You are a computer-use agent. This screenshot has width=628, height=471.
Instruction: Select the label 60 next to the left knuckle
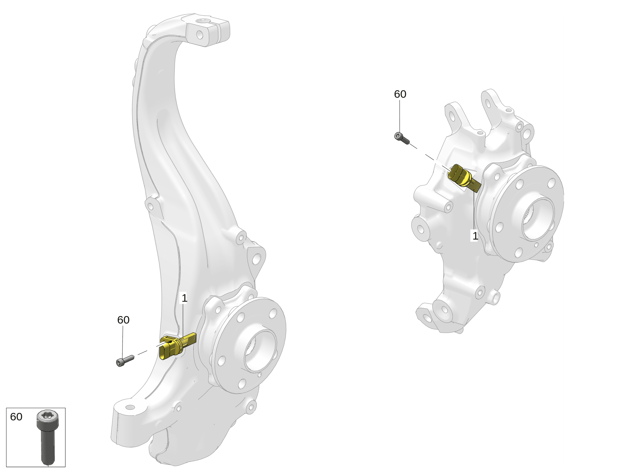point(123,320)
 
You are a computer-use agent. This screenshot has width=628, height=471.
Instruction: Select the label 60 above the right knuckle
point(400,94)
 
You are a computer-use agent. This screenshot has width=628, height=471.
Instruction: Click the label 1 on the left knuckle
point(184,298)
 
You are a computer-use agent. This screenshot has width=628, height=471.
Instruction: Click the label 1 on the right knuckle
point(475,235)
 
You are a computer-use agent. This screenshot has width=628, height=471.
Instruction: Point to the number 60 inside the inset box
point(16,417)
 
